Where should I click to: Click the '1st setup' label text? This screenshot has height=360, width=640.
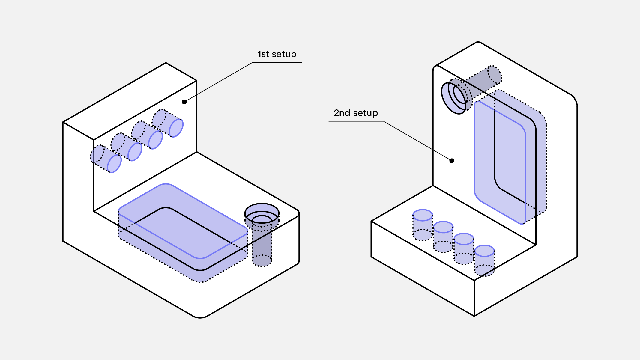(x=277, y=54)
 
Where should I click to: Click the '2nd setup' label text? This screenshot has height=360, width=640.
(x=356, y=113)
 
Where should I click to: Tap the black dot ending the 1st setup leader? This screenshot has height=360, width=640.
(x=184, y=102)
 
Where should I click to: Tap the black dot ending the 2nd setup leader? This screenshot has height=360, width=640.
(x=452, y=161)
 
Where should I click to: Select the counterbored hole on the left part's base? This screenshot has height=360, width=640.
(x=262, y=214)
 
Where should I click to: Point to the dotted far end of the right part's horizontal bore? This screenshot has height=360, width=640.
(x=494, y=74)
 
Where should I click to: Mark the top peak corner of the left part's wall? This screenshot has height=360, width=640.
(x=166, y=63)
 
